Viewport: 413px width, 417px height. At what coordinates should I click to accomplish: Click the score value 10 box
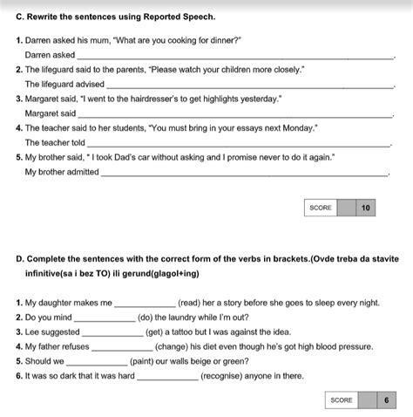tap(366, 208)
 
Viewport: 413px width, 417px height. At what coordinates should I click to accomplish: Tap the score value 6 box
tap(386, 400)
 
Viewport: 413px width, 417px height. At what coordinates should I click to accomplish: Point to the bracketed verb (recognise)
tap(227, 377)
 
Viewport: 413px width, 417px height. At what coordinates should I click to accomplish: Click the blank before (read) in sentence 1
tap(145, 304)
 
